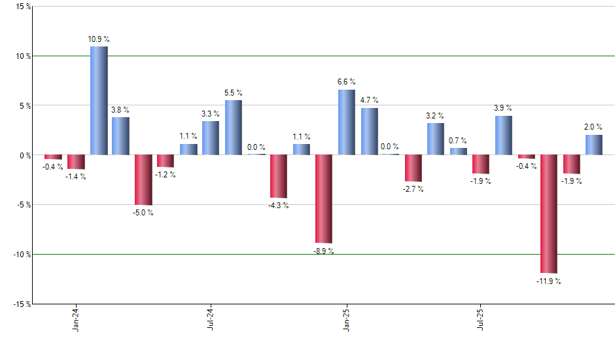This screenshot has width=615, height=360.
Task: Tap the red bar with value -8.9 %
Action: (324, 199)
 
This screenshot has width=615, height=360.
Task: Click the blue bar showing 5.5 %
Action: (234, 128)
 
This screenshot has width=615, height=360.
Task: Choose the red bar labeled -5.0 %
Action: (143, 180)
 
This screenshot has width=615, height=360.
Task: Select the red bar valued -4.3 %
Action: (279, 177)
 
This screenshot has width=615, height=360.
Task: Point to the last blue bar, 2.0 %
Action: (594, 145)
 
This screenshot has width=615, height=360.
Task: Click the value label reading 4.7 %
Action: (369, 100)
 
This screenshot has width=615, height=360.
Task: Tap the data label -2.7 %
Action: (413, 189)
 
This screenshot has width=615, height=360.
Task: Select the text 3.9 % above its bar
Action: (503, 108)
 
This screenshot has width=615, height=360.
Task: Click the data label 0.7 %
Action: (458, 140)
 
